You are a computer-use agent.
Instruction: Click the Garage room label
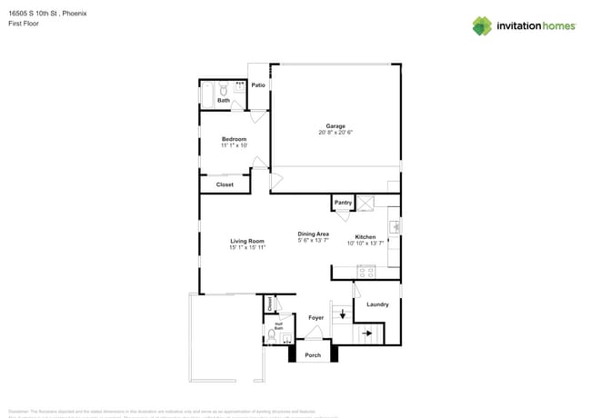click(336, 125)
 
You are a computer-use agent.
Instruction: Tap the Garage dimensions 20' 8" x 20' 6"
click(336, 133)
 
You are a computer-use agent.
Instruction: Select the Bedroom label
click(235, 139)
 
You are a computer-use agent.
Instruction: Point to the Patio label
click(258, 85)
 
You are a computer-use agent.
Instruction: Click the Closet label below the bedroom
click(225, 184)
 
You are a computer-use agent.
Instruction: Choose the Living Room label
click(247, 241)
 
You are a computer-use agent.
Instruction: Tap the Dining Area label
click(314, 234)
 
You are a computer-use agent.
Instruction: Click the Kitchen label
click(366, 236)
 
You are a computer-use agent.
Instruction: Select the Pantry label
click(343, 203)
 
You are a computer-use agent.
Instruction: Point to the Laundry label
click(377, 304)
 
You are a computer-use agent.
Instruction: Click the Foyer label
click(316, 318)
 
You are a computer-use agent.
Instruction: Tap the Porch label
click(313, 355)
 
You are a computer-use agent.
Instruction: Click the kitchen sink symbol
click(395, 226)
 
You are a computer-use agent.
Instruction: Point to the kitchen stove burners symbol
click(366, 271)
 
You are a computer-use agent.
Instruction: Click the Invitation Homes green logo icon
click(482, 25)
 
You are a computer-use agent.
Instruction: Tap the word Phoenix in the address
click(75, 14)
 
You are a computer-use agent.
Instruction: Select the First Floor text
click(23, 24)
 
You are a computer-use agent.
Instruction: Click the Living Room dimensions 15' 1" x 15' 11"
click(247, 247)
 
